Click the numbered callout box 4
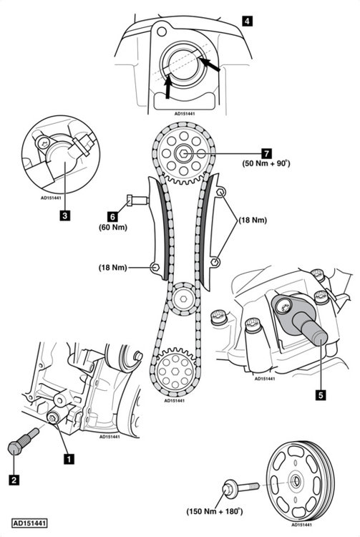(247, 21)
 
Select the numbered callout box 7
(266, 153)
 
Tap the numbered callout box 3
(64, 216)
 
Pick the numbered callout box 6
(112, 216)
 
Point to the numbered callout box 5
(321, 395)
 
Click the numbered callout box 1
(69, 458)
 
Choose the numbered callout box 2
(14, 480)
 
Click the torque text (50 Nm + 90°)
(266, 163)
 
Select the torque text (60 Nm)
(113, 227)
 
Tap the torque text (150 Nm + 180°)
(215, 511)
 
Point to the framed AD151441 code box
(29, 523)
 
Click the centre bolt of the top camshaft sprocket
(184, 154)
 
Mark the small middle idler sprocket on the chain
(184, 299)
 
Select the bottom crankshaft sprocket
(175, 372)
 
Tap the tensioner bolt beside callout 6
(137, 200)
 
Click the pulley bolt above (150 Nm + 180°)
(240, 488)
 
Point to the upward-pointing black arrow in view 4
(167, 87)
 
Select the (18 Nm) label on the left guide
(113, 267)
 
